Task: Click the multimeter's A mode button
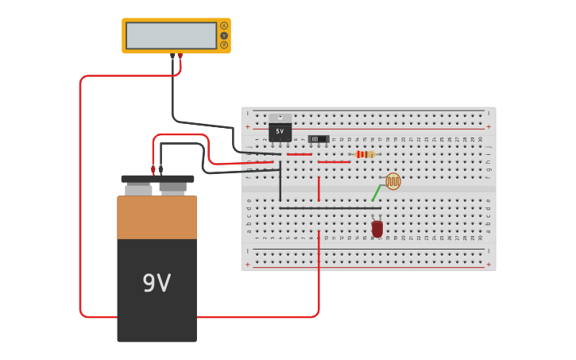tap(224, 25)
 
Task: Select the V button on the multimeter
tap(224, 35)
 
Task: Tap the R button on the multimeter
tap(224, 45)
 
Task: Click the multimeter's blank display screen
tap(171, 36)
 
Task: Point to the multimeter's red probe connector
tap(180, 56)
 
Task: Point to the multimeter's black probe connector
tap(172, 56)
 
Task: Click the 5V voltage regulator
tap(280, 130)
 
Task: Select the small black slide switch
tap(319, 139)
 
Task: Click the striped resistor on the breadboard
tap(364, 154)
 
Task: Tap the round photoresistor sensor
tap(393, 181)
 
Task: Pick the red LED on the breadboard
tap(377, 229)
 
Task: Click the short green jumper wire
tap(377, 193)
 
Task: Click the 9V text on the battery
tap(157, 283)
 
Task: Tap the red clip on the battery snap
tap(153, 168)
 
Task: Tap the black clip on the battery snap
tap(161, 168)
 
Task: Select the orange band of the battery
tap(157, 217)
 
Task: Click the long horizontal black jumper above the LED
tap(330, 208)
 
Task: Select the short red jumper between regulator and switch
tap(300, 154)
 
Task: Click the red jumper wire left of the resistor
tap(334, 162)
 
